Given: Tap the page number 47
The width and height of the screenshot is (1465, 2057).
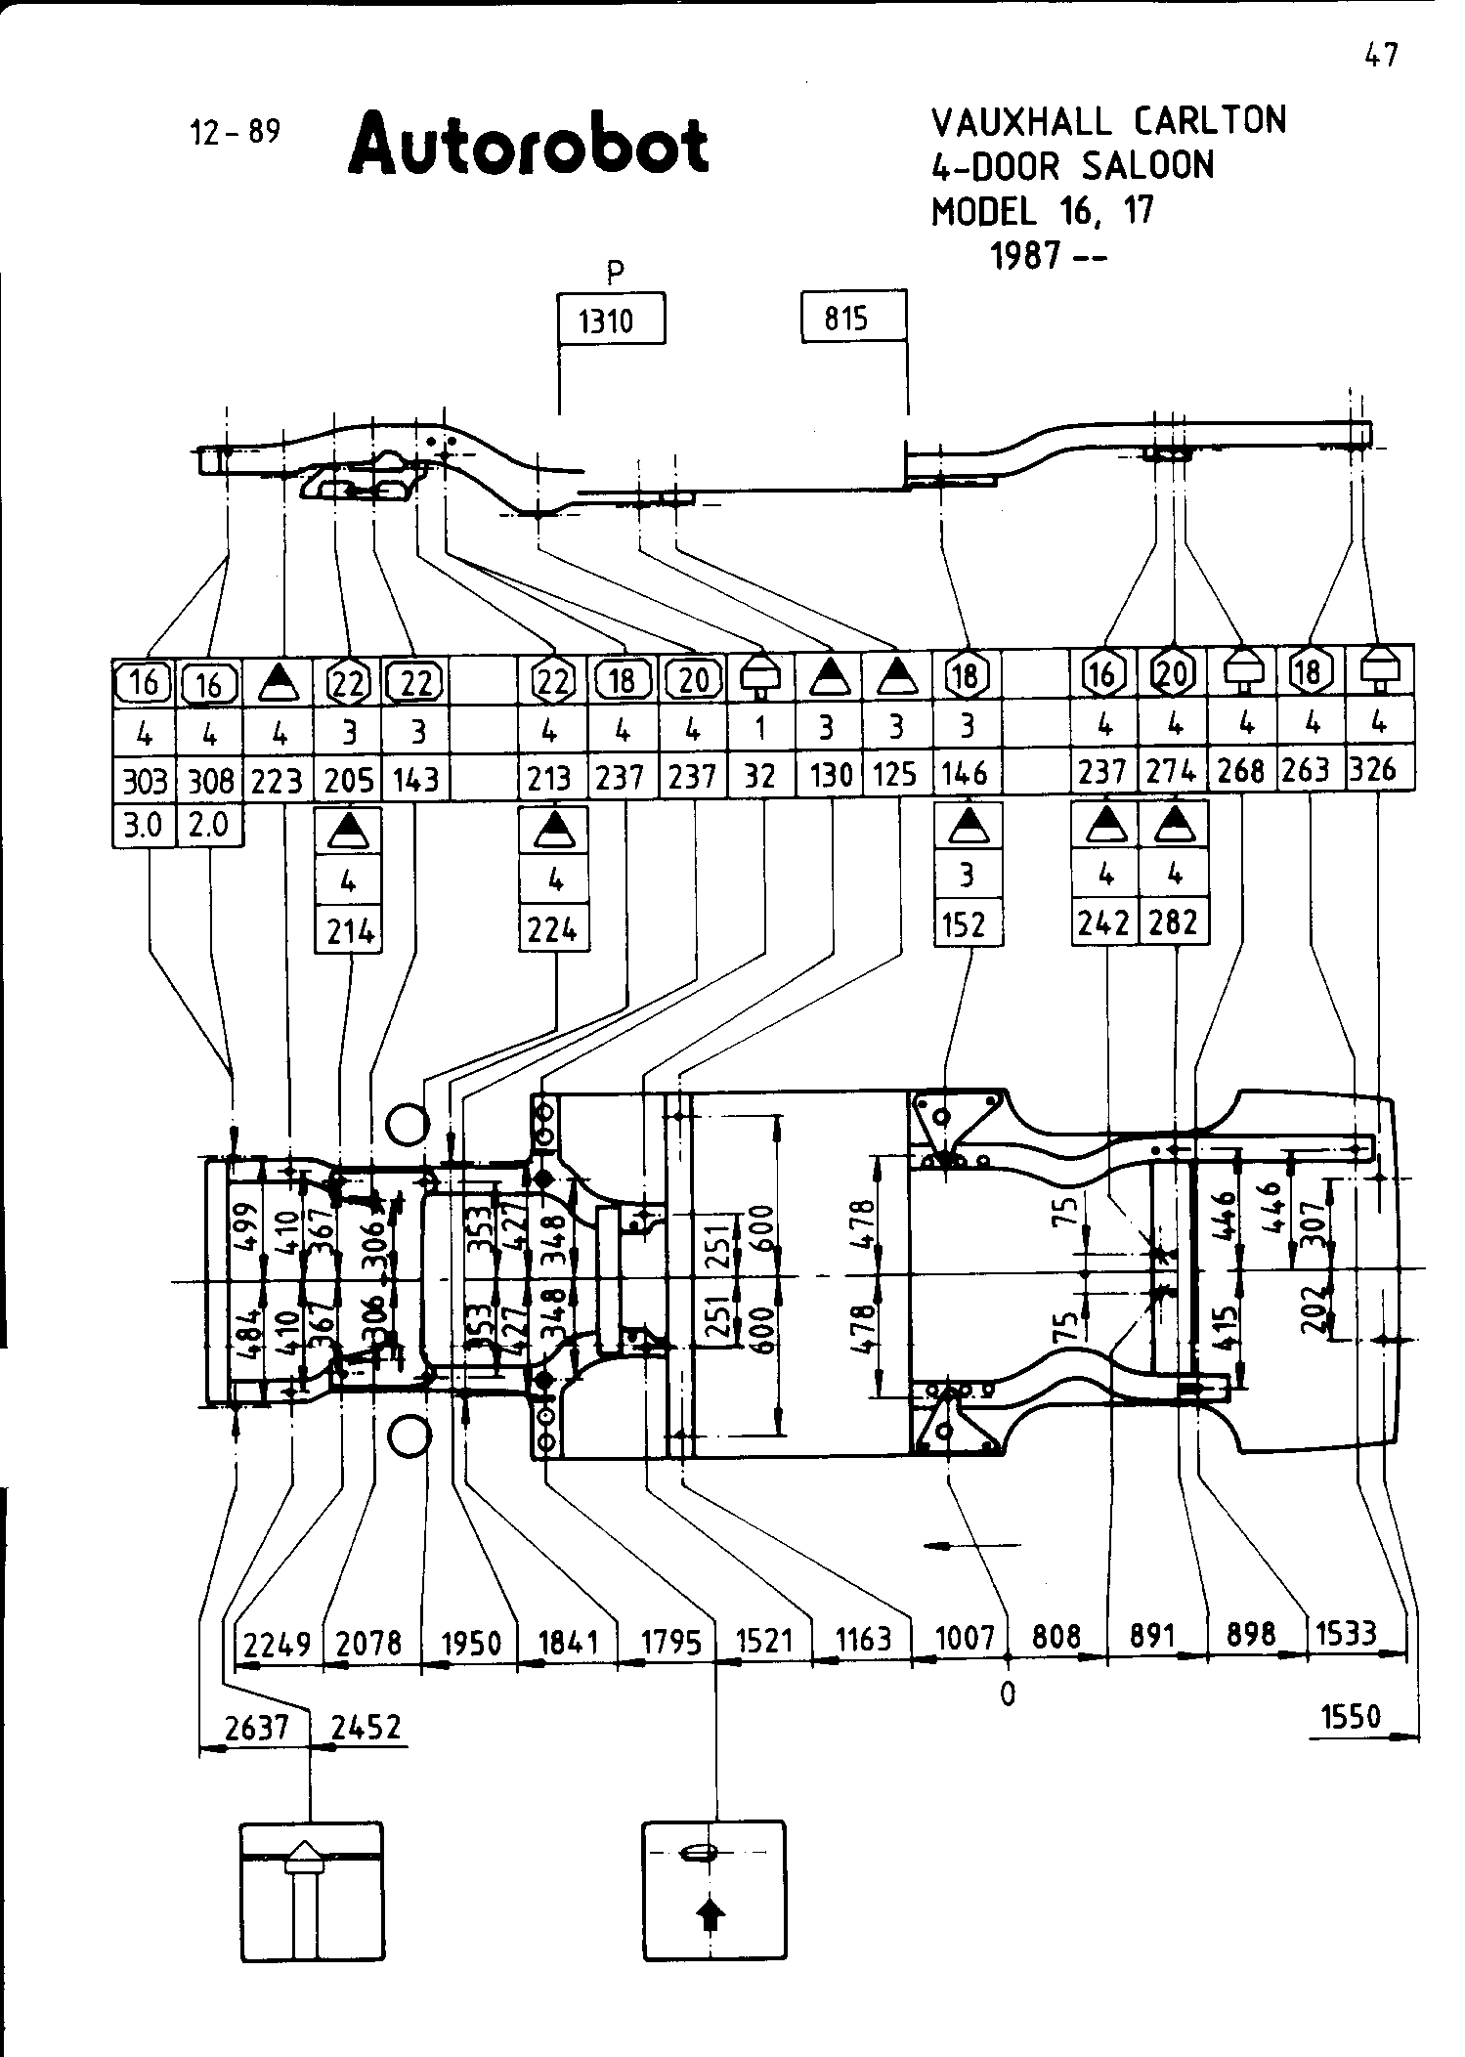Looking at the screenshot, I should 1381,55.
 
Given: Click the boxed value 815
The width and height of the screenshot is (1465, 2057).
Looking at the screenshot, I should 846,318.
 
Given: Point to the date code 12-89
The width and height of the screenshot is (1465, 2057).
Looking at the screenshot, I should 235,131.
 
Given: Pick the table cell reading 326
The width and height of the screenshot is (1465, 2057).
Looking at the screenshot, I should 1376,770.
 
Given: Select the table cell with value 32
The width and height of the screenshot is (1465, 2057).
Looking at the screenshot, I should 759,777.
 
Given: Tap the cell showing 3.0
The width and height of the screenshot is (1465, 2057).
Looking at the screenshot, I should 144,826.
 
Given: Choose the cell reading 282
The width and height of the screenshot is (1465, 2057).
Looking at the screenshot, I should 1174,921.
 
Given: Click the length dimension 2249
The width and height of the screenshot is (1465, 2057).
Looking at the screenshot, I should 277,1644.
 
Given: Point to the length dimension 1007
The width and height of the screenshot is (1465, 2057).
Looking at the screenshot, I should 965,1639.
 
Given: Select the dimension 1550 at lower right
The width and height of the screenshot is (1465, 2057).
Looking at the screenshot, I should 1351,1717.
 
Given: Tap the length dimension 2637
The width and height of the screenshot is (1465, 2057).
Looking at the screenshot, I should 256,1729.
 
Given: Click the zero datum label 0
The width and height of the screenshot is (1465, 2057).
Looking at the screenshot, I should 1008,1694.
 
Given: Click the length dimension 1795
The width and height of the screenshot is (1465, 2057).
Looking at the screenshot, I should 670,1642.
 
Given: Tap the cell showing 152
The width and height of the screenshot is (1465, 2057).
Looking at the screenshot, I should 966,923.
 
